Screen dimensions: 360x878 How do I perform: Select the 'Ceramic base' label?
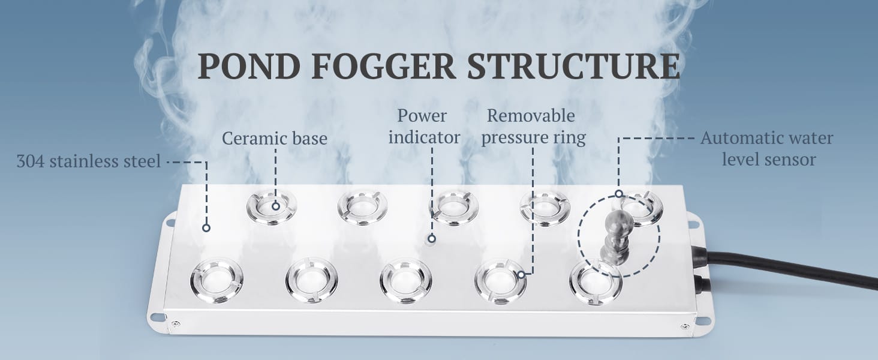[x=275, y=139]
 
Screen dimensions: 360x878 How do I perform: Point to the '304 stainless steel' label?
[x=88, y=161]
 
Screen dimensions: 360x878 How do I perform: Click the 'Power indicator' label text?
[x=423, y=126]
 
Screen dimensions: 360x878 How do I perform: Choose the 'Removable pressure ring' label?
[x=533, y=126]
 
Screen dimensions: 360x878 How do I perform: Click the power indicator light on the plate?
[x=430, y=239]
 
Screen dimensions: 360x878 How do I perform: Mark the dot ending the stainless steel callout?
[x=206, y=228]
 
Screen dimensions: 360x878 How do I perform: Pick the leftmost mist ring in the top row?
[x=272, y=206]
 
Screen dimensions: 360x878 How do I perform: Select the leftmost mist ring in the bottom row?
[x=217, y=280]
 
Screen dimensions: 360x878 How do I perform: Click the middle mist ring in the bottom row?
[x=405, y=281]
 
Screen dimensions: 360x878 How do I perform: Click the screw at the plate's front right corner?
[x=684, y=326]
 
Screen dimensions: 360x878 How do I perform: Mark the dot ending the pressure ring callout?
[x=522, y=275]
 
